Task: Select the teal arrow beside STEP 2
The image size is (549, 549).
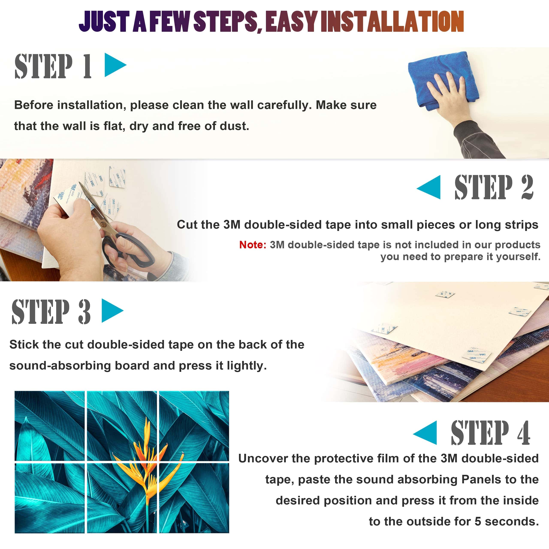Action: coord(429,187)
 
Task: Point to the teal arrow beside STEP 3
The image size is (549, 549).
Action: coord(112,311)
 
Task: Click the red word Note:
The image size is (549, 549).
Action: coord(253,245)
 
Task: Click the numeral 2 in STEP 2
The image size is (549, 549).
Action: coord(527,187)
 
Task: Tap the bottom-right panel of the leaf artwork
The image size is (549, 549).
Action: coord(194,498)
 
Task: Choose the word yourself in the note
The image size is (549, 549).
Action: coord(519,257)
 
